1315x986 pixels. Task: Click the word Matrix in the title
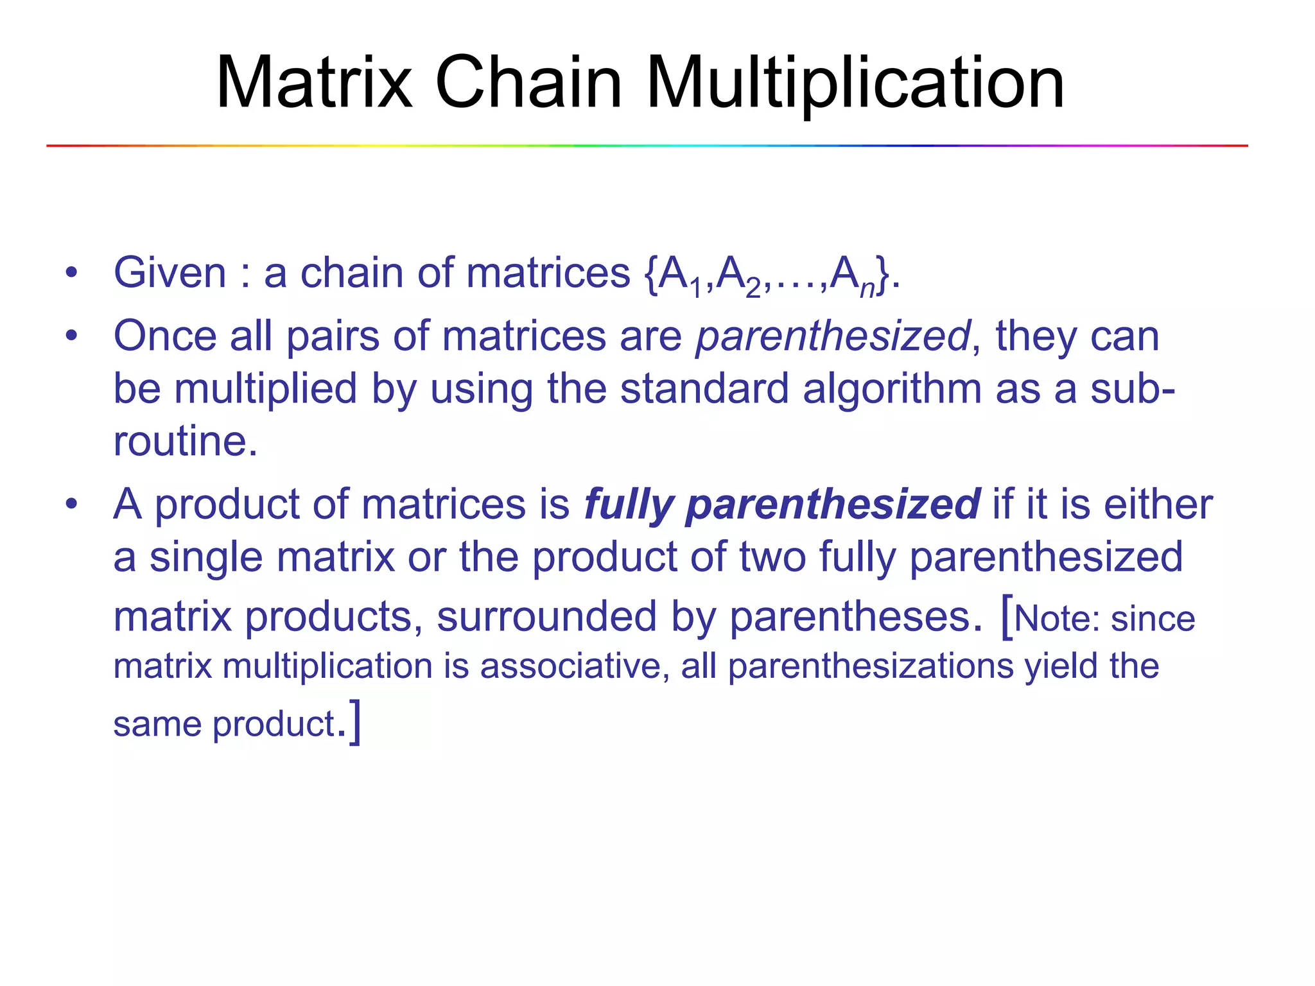[x=313, y=83]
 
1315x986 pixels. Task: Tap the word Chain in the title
[x=528, y=83]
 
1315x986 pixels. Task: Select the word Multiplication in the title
[x=855, y=83]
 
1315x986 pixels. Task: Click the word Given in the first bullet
[x=170, y=273]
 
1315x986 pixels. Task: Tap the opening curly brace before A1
[x=650, y=275]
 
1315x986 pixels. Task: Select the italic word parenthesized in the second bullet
[x=833, y=336]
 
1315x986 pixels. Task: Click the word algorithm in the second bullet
[x=891, y=389]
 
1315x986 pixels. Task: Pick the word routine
[x=185, y=442]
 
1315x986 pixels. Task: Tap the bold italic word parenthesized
[x=832, y=505]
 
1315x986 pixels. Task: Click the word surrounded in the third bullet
[x=546, y=617]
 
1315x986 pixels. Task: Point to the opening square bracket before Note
[x=1007, y=617]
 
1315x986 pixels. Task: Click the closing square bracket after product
[x=355, y=723]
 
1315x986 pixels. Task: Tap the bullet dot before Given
[x=71, y=273]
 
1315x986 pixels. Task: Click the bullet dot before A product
[x=71, y=505]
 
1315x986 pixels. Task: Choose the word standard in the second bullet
[x=704, y=389]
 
